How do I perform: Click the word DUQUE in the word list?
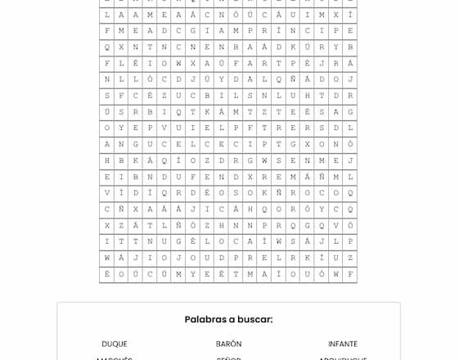point(115,344)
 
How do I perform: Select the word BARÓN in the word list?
point(228,344)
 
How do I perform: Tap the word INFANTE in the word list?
point(343,344)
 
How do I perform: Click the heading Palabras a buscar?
point(228,319)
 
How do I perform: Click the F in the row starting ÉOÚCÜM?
point(350,274)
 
